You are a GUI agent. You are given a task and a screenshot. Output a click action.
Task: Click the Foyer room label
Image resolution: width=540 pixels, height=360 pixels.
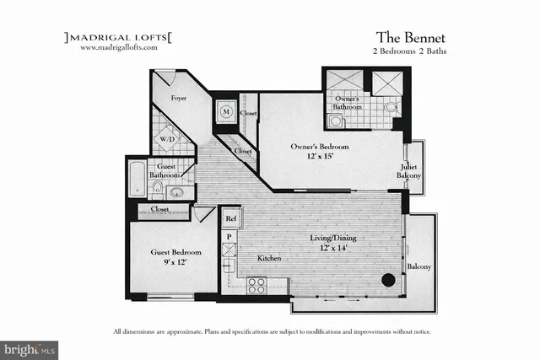point(179,99)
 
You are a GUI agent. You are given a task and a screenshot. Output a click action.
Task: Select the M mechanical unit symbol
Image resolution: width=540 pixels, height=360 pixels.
point(227,110)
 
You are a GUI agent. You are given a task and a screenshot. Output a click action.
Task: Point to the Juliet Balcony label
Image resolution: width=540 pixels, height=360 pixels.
point(410,170)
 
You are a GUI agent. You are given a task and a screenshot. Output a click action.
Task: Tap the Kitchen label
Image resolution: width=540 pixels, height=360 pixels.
point(269,257)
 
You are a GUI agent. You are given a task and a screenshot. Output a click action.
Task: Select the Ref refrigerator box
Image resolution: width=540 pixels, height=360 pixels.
point(229,218)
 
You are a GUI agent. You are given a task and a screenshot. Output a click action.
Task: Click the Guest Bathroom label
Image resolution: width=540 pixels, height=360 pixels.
point(164,171)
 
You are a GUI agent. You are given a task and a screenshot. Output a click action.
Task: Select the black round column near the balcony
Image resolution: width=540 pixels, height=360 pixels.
point(388,281)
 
